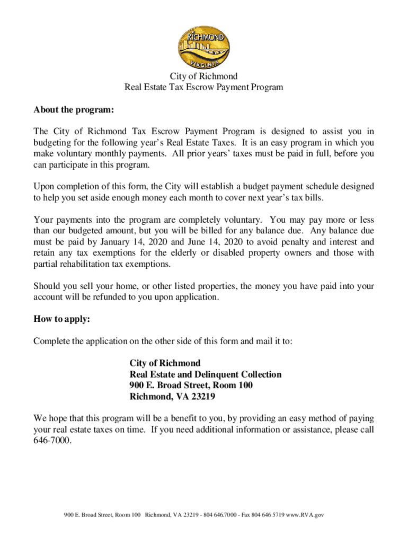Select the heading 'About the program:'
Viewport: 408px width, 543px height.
point(74,110)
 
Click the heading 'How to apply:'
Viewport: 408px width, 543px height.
point(61,319)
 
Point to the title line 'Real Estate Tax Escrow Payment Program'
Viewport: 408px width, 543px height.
point(203,87)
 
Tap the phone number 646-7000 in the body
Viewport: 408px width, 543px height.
point(51,441)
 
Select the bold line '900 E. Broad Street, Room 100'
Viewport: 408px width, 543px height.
point(191,385)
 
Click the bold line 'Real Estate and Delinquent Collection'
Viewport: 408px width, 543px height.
point(205,374)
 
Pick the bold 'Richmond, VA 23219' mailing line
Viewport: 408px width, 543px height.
point(172,396)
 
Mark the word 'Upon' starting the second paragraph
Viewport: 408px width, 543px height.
point(43,187)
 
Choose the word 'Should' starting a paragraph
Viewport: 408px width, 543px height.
point(47,286)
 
